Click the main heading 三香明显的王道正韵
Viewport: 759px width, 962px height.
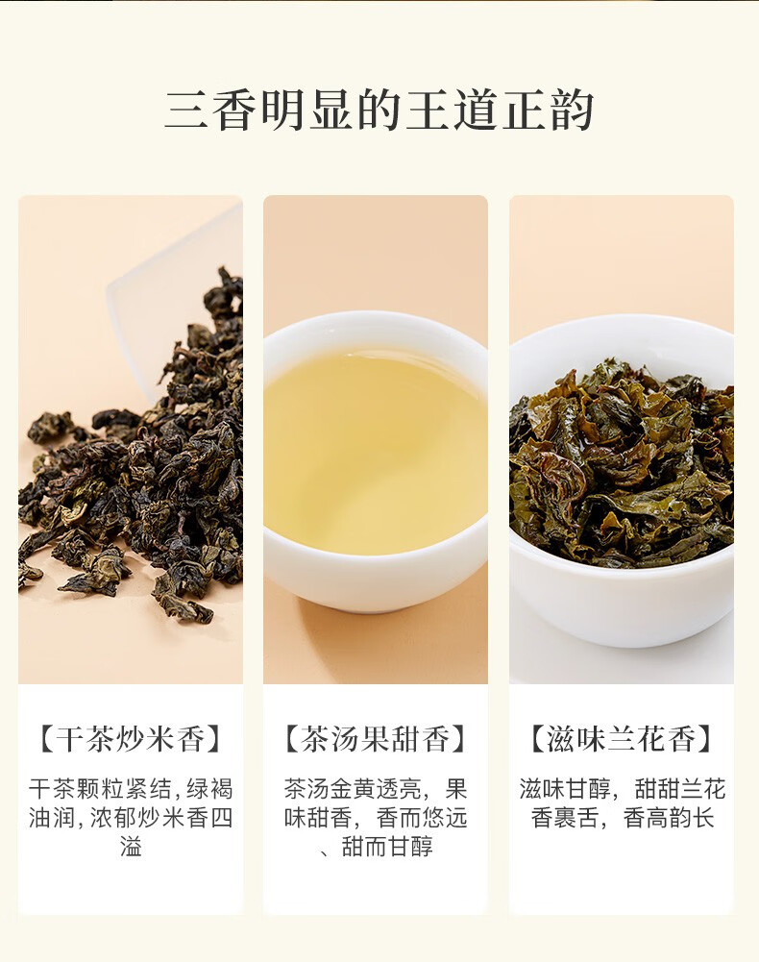(x=379, y=110)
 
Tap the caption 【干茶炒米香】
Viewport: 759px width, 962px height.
(x=131, y=738)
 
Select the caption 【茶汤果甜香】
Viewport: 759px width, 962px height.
(x=376, y=738)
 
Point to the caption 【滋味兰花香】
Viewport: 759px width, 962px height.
(x=621, y=738)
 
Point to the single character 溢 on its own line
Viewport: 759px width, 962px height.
(x=131, y=848)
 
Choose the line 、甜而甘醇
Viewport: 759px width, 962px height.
(x=376, y=848)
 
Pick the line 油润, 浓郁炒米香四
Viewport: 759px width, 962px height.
(x=131, y=819)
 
